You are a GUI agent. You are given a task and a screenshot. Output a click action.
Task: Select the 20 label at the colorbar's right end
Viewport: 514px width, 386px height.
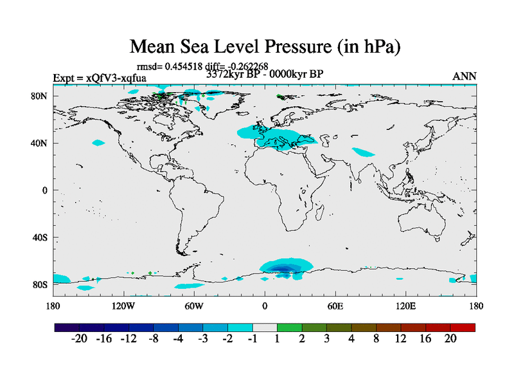pos(450,339)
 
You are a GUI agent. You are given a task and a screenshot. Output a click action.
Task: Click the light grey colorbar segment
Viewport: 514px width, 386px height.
pos(265,327)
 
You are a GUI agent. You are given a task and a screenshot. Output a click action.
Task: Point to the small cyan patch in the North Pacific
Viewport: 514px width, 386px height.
pos(98,143)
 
